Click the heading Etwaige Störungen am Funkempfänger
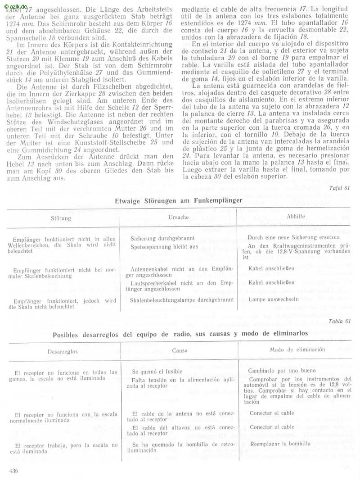(x=179, y=200)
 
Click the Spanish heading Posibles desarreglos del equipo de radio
(x=180, y=334)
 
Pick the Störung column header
(x=61, y=218)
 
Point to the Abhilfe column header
(x=296, y=216)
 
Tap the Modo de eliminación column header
(x=297, y=350)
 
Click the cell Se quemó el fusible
(x=157, y=372)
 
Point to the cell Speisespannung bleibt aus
(x=164, y=247)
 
